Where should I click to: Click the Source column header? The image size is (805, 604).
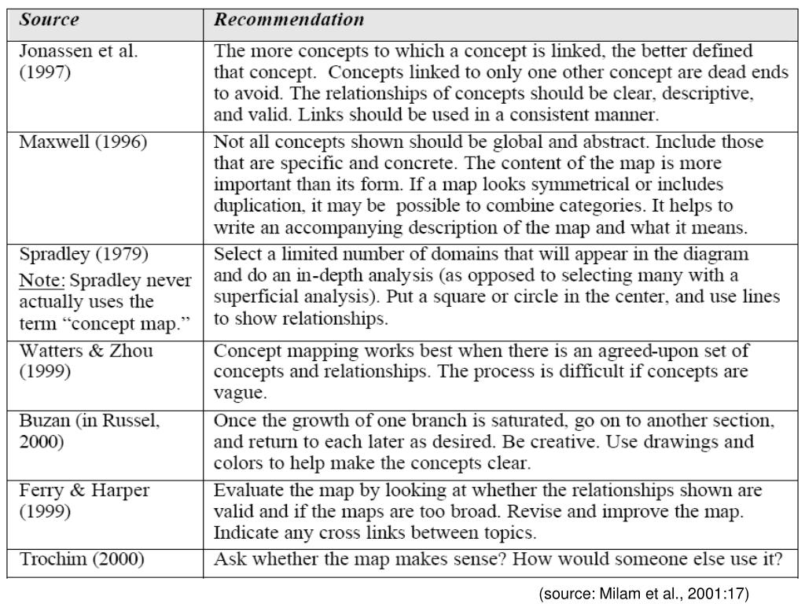point(49,20)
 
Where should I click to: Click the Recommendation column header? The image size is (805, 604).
point(289,20)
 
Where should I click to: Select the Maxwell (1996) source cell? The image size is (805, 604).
point(83,143)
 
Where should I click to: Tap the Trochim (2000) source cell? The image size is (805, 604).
point(82,560)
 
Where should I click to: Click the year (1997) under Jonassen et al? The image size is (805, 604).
point(45,73)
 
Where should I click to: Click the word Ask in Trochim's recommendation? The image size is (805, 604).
point(229,560)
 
